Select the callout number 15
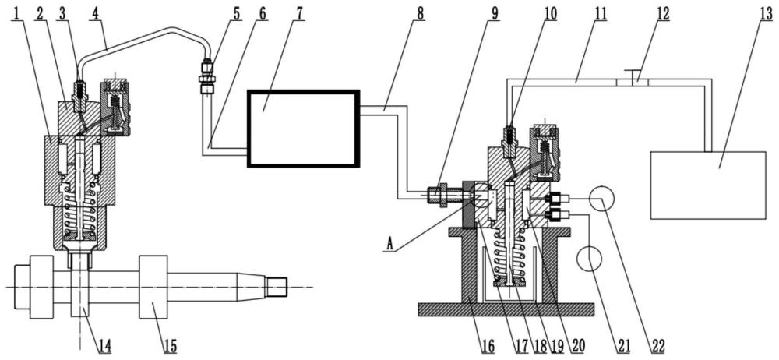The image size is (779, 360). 170,345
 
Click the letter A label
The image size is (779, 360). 390,244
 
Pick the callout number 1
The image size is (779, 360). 17,14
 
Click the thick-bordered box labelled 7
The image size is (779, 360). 303,128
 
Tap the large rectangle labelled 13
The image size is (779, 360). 708,185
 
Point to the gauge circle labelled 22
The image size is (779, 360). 601,198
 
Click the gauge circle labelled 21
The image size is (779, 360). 589,259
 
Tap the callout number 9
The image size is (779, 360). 494,14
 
